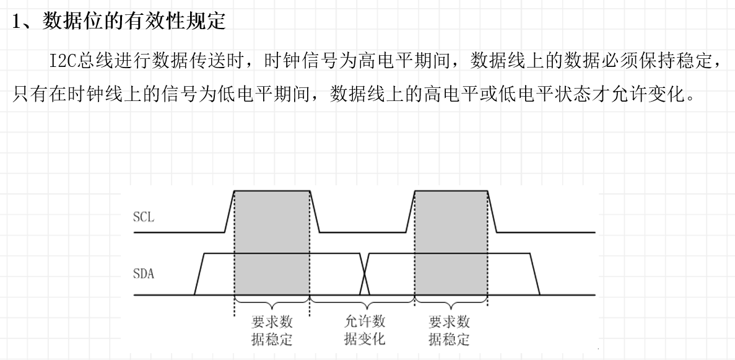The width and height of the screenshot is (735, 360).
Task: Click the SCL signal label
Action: tap(143, 217)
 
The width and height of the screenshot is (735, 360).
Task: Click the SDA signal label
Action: tap(144, 273)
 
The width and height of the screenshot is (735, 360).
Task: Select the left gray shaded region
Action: tap(271, 242)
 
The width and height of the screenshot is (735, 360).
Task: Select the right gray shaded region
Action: tap(450, 242)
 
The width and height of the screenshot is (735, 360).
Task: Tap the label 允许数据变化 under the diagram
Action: tap(364, 330)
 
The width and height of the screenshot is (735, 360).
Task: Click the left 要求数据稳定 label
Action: tap(272, 330)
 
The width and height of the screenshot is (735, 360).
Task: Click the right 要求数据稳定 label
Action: tap(450, 330)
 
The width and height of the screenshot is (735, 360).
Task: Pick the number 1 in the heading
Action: tap(17, 22)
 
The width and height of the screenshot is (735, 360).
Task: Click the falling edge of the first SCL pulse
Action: tap(314, 211)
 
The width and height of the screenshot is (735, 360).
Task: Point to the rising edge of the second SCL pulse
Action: tap(410, 211)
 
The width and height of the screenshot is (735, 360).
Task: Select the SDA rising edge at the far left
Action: tap(199, 273)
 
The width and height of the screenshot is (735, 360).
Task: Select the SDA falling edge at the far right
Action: tap(535, 273)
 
